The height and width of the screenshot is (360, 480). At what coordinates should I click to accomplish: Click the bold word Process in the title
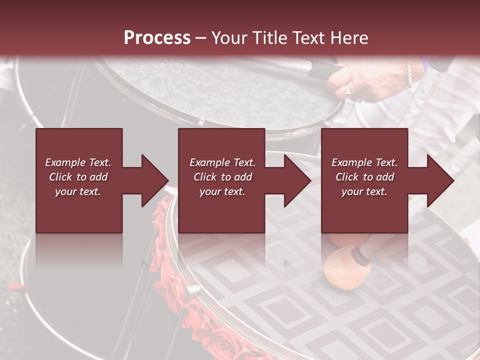coord(157,38)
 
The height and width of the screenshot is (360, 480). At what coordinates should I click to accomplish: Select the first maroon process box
coord(79,180)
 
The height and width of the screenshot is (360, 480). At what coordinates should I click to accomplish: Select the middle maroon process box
coord(221,180)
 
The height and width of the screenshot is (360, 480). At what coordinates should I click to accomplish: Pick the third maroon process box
coord(364,180)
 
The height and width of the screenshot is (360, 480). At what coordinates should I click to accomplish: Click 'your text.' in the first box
coord(78,191)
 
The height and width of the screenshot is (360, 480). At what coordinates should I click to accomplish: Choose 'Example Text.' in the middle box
coord(222,162)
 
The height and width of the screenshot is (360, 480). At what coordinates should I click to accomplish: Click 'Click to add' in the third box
coord(364,177)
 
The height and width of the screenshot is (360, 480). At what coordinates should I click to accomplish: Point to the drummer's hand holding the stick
coord(370,80)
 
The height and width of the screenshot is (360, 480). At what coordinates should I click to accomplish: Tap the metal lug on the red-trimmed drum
coord(192,290)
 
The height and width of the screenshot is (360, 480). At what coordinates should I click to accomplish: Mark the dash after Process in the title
coord(201,38)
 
